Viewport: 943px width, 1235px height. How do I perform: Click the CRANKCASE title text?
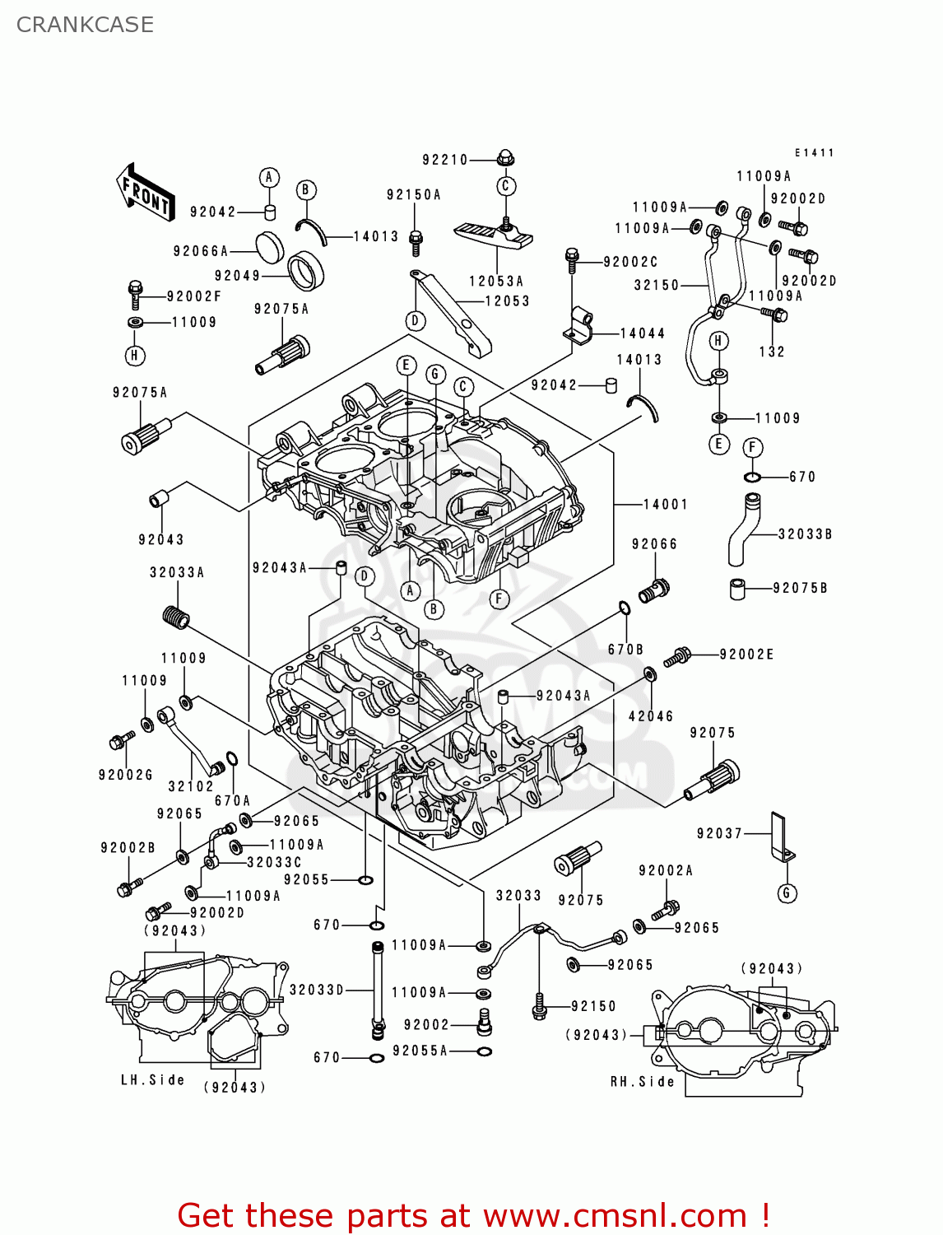85,25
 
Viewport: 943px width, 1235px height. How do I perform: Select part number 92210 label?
444,160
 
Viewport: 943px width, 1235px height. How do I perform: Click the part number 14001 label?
665,504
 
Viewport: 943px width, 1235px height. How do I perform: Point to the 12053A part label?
495,282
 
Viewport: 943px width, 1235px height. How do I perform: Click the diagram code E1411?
814,153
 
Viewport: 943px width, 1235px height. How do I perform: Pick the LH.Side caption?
152,1079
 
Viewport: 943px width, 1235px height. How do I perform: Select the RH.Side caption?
642,1081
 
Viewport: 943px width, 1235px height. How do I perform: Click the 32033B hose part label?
805,534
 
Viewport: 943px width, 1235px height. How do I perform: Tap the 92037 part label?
719,833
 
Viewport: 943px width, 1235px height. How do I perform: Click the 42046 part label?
651,716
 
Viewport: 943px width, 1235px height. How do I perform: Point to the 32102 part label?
191,786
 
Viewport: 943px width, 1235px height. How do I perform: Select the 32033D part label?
317,990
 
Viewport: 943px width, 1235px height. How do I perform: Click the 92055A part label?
420,1051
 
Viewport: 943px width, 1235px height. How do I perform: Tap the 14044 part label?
642,333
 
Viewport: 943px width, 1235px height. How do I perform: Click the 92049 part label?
237,276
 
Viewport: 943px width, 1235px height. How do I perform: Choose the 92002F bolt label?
193,296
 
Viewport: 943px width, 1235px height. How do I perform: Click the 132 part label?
771,352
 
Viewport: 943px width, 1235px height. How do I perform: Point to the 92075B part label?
800,588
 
